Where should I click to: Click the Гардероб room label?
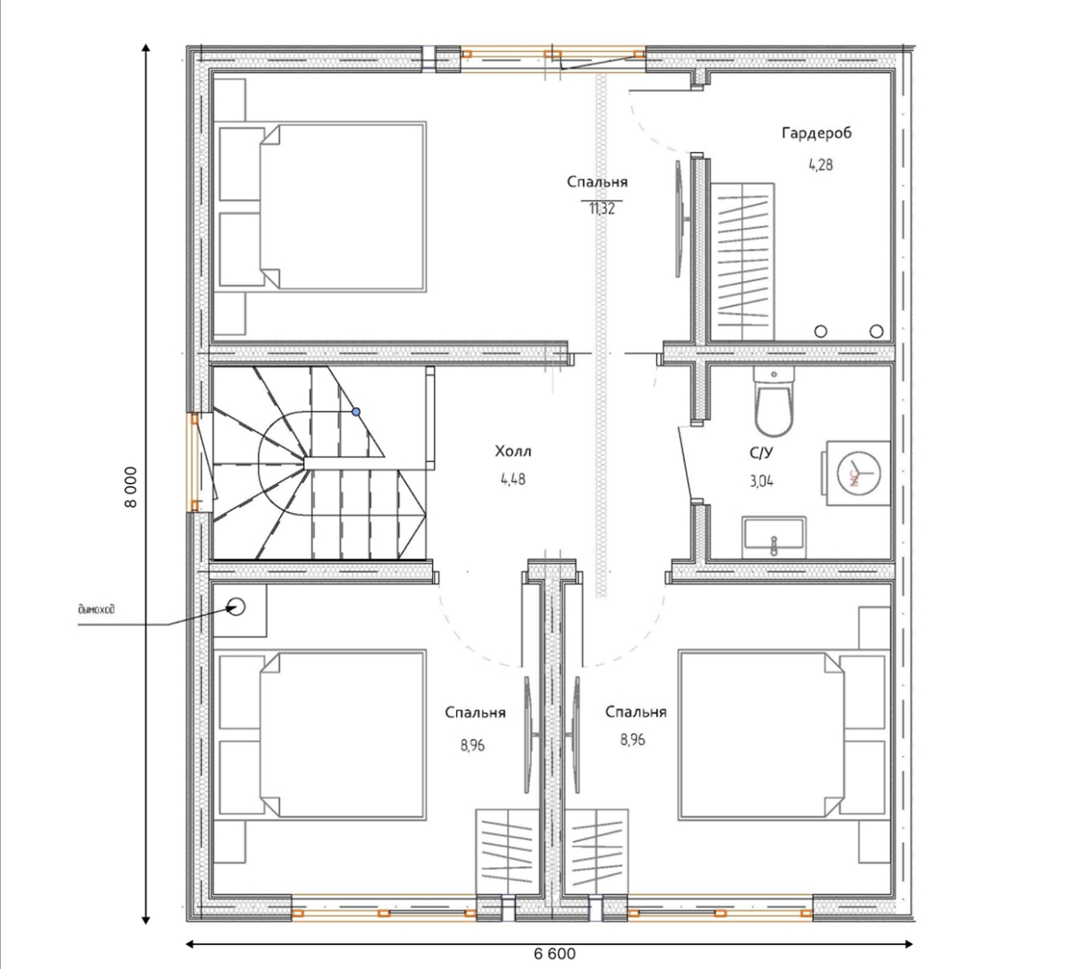[x=816, y=133]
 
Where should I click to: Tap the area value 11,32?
[x=602, y=209]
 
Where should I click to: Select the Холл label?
[x=513, y=451]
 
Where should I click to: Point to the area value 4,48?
[x=513, y=480]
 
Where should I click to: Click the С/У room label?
[x=761, y=453]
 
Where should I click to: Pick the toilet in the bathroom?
[x=774, y=401]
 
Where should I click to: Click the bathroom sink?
[x=774, y=537]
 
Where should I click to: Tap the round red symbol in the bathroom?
[x=859, y=473]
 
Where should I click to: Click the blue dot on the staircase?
[x=357, y=412]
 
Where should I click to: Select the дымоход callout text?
[x=96, y=610]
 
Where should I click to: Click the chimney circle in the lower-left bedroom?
[x=237, y=607]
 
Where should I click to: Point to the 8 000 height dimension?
[x=131, y=487]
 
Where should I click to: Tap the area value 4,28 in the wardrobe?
[x=821, y=165]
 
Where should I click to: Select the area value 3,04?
[x=762, y=481]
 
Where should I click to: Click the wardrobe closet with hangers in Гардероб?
[x=742, y=262]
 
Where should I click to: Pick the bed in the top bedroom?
[x=323, y=206]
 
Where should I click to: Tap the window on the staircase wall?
[x=194, y=462]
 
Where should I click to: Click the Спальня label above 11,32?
[x=597, y=182]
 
